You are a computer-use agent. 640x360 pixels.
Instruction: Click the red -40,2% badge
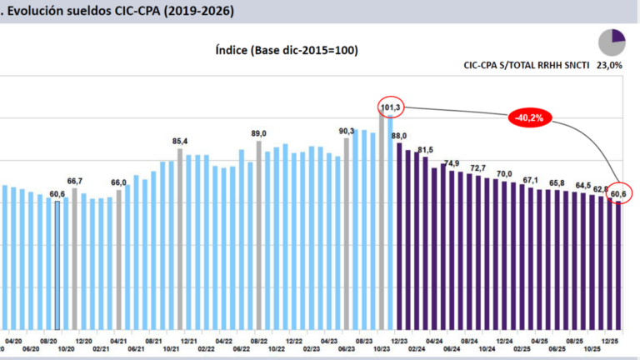[528, 118]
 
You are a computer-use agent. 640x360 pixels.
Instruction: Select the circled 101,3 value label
[391, 107]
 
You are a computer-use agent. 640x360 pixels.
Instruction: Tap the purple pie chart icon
[612, 41]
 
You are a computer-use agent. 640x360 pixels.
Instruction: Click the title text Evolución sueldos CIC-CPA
[121, 12]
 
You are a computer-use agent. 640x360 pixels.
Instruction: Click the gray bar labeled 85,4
[180, 237]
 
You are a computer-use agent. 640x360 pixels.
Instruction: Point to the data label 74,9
[452, 163]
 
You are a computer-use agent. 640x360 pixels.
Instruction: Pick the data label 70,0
[504, 173]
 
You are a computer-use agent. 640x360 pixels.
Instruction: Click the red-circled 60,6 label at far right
[619, 194]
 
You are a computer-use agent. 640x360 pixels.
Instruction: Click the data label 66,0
[119, 182]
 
